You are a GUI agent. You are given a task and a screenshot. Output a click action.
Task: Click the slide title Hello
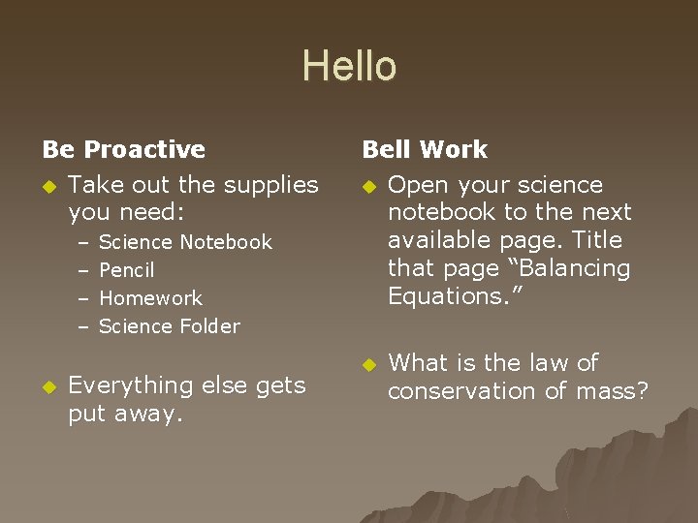tap(349, 67)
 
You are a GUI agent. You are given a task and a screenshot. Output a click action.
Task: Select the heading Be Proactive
tap(124, 150)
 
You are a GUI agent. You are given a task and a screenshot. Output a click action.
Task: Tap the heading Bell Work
tap(425, 150)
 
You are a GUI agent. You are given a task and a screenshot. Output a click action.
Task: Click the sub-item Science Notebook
tap(185, 242)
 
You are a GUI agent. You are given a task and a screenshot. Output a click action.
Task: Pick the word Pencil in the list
tap(127, 270)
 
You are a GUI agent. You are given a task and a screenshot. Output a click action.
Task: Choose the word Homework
tap(150, 298)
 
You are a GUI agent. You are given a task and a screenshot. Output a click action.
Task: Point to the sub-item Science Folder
tap(170, 326)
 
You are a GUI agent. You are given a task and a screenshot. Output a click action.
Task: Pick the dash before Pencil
tap(83, 270)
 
